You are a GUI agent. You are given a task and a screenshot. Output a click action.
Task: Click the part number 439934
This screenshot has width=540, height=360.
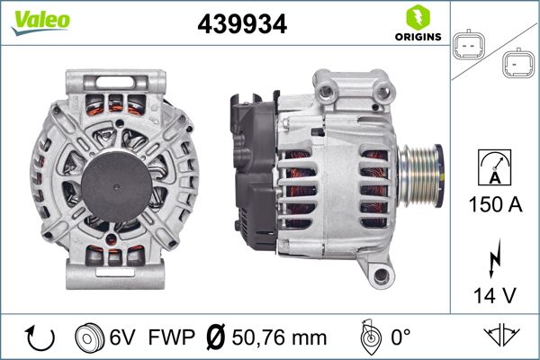pyautogui.click(x=242, y=24)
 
